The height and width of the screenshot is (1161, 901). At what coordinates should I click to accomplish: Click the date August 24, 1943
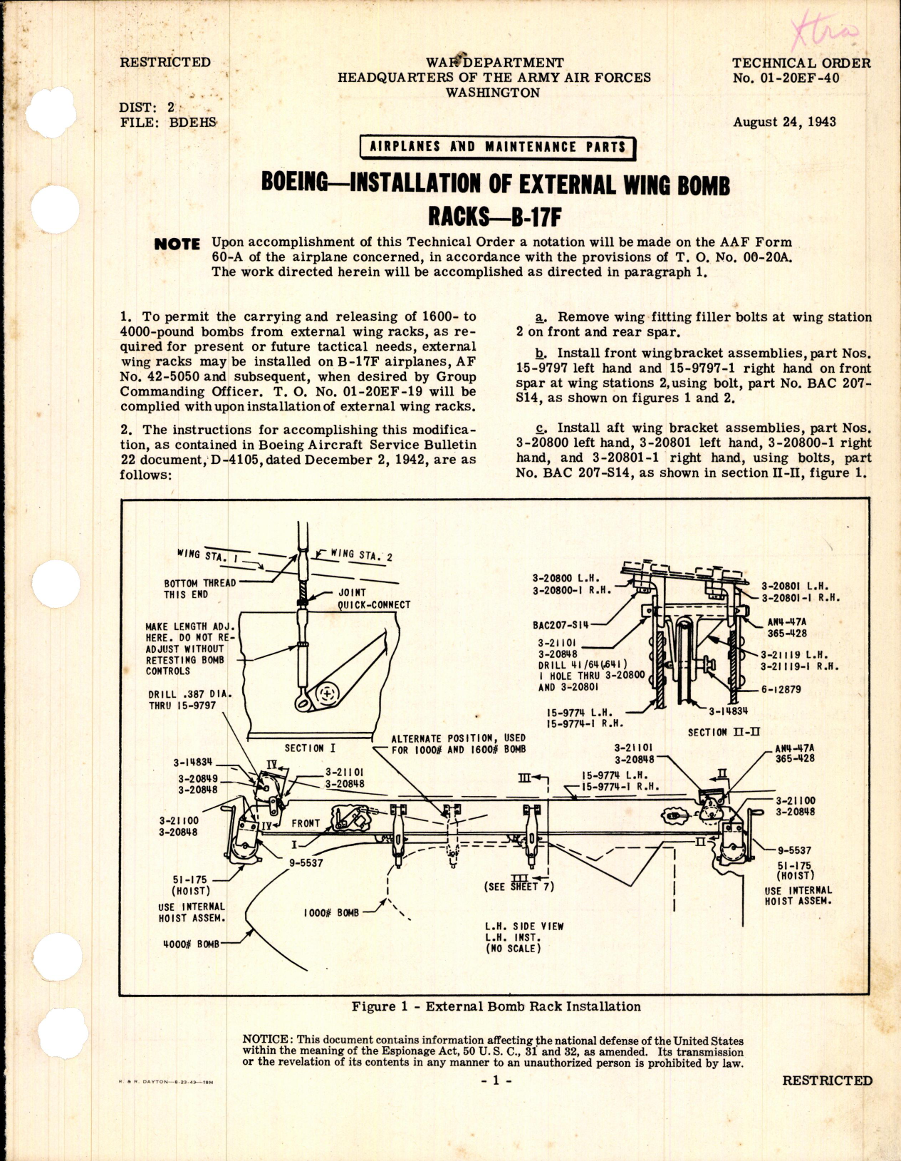(784, 122)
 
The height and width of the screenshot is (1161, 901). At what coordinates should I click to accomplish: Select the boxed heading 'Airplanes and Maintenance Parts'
(497, 148)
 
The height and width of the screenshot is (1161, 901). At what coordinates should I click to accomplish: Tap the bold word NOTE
(177, 244)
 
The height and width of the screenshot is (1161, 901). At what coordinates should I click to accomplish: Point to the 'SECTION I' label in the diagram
(310, 748)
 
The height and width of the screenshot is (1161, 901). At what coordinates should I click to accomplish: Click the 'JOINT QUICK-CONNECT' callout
(373, 599)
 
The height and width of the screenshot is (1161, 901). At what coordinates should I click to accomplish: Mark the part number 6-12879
(782, 689)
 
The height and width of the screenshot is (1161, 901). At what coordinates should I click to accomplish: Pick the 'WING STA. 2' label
(361, 554)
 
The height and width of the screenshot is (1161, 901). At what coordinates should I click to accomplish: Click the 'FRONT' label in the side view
(306, 823)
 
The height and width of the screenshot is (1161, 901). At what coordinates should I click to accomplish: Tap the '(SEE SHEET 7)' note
(518, 887)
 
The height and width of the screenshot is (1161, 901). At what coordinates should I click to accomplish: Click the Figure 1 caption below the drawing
(496, 1006)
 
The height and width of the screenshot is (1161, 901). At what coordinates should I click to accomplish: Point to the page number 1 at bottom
(496, 1080)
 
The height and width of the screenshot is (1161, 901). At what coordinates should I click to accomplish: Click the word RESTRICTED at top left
(165, 63)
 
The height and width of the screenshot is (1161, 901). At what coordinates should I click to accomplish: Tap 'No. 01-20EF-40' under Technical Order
(786, 78)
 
